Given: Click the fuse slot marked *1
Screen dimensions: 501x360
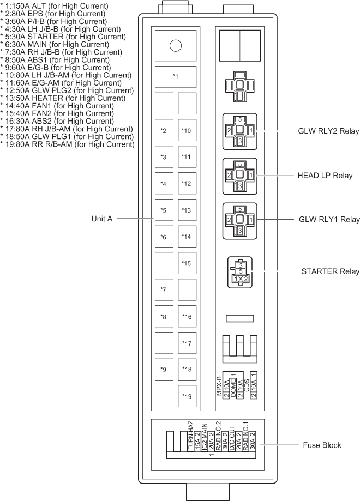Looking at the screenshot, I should pyautogui.click(x=176, y=76).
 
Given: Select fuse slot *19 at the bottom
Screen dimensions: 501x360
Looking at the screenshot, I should pyautogui.click(x=187, y=396).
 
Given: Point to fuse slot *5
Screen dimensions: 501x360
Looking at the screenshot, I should pyautogui.click(x=164, y=210).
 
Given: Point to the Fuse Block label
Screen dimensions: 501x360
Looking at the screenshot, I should pyautogui.click(x=322, y=445).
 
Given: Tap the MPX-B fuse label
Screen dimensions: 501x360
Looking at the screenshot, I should pyautogui.click(x=220, y=385).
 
